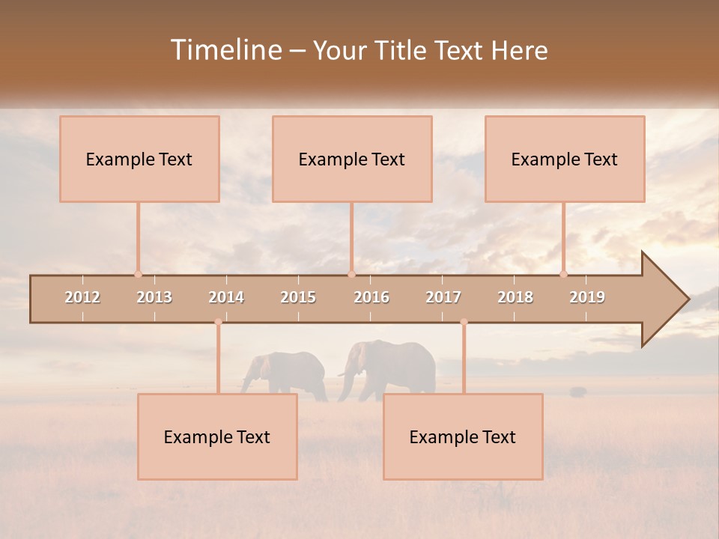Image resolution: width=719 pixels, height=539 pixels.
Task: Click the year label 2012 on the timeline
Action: coord(82,297)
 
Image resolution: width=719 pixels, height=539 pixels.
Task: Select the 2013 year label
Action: coord(154,297)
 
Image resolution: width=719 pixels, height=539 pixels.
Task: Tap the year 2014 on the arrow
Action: coord(226,297)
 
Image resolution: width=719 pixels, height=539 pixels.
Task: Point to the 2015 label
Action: coord(298,297)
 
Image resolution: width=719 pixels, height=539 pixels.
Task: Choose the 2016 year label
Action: coord(371,297)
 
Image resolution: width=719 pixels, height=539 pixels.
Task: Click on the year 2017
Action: coord(443,297)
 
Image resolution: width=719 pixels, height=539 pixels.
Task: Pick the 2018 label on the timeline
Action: coord(515,297)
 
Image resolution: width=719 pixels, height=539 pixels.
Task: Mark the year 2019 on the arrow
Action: coord(587,297)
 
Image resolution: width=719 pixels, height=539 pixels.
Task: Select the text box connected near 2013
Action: coord(139,159)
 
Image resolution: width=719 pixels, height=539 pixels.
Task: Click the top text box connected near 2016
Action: coord(352,159)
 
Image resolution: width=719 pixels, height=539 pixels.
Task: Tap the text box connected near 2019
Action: coord(565,159)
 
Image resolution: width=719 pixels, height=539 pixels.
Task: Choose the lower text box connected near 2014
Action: coord(217,436)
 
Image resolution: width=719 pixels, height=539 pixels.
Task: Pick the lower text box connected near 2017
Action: coord(463,436)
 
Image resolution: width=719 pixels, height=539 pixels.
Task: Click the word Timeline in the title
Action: coord(225,50)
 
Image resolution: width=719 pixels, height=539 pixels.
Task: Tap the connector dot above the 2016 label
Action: coord(351,274)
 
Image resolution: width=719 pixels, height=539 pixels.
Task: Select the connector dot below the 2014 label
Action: coord(218,322)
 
